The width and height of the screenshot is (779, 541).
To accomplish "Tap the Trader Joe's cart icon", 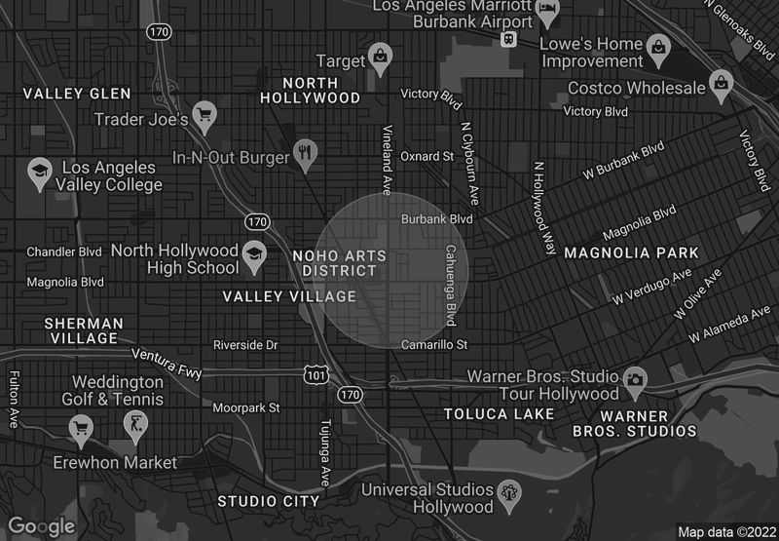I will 204,115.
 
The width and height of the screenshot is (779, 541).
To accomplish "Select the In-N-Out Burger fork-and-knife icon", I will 306,151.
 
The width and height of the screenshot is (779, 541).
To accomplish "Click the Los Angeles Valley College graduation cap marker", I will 40,172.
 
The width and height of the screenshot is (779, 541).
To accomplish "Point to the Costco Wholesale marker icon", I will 721,82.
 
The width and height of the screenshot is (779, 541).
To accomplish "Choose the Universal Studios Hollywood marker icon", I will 508,493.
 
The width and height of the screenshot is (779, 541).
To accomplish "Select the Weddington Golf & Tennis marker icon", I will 134,425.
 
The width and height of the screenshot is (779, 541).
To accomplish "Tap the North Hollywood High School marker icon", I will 254,253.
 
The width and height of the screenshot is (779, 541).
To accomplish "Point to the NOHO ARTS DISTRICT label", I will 339,263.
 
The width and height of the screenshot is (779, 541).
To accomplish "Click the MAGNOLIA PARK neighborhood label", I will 617,252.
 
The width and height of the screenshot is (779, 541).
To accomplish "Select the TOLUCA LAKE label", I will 499,414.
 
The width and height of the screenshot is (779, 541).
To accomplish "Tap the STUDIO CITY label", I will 268,501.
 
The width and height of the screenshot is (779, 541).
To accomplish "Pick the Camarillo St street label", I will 434,345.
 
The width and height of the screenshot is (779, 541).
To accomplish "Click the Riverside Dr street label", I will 245,345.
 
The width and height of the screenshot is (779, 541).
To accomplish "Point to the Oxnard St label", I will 427,156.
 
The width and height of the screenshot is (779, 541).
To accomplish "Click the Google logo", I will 42,526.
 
